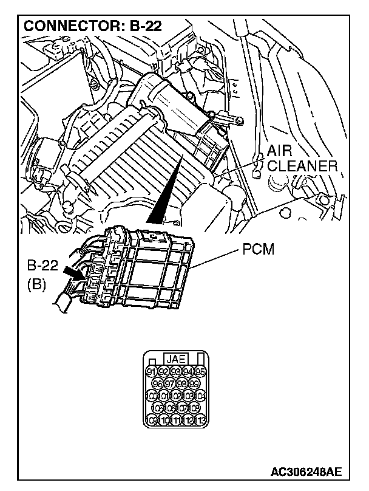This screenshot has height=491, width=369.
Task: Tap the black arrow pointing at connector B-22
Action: tap(75, 275)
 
